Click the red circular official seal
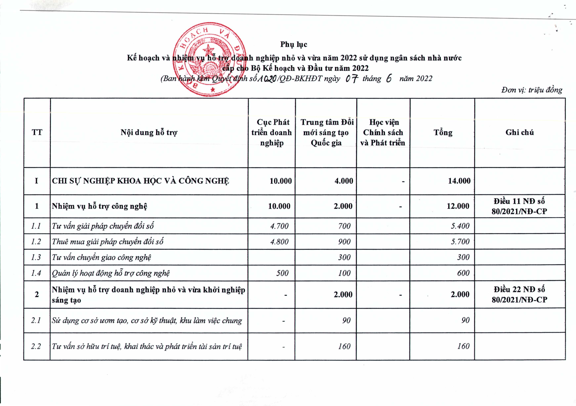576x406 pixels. coord(209,59)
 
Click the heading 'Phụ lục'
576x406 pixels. coord(294,44)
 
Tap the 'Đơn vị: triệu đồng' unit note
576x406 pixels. coord(532,90)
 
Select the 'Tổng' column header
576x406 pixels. coord(443,132)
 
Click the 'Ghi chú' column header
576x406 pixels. coord(519,132)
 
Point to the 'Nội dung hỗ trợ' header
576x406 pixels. coord(149,132)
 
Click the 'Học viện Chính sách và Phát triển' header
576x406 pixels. coord(383,132)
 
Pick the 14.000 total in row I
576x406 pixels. coord(459,181)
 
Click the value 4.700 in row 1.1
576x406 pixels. coord(279,226)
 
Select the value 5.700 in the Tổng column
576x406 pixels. coord(460,242)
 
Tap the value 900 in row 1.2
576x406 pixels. coord(344,242)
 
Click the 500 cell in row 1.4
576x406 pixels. coord(282,273)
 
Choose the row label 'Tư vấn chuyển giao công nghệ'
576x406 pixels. coord(102,257)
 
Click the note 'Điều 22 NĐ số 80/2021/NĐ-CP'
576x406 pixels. coord(519,294)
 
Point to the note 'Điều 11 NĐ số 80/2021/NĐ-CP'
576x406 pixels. coord(519,206)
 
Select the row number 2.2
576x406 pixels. coord(36,347)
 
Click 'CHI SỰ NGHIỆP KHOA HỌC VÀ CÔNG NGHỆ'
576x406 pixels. coord(140,181)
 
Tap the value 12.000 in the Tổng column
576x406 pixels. coord(458,206)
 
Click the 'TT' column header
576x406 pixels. coord(37,132)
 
